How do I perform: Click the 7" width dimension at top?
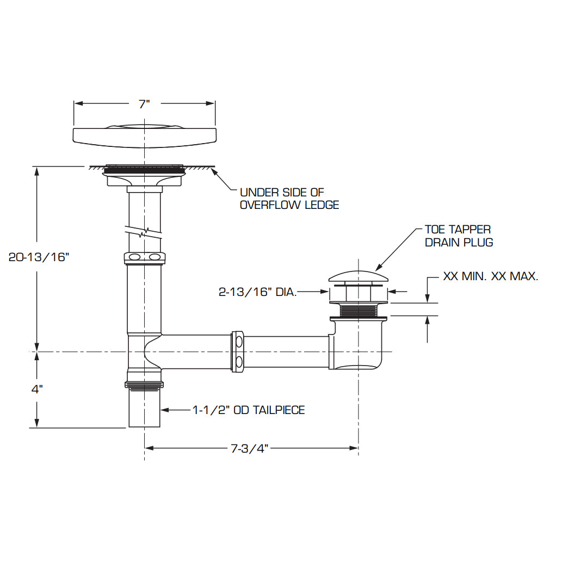144,104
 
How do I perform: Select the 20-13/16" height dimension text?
40,257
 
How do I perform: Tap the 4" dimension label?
36,390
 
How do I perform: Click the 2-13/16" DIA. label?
257,292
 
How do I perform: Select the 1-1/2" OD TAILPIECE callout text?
249,410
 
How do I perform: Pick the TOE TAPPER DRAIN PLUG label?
459,236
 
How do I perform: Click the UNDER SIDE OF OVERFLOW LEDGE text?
289,199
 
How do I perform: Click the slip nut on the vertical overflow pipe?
144,257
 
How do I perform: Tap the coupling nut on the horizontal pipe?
238,352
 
